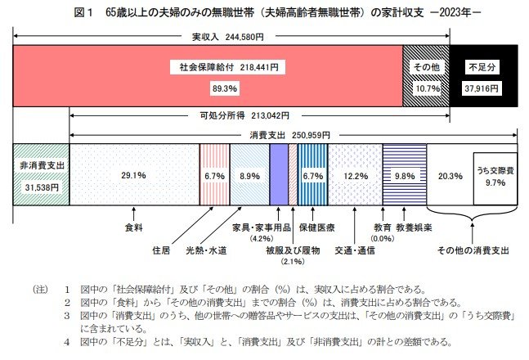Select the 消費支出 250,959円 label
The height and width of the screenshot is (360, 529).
point(291,133)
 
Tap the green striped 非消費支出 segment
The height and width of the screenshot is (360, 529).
point(41,174)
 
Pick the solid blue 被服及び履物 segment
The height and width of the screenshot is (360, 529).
point(278,174)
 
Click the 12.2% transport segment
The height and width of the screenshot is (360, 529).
point(354,174)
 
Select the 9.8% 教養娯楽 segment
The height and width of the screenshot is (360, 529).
point(404,174)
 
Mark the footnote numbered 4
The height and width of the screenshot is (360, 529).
point(270,340)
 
